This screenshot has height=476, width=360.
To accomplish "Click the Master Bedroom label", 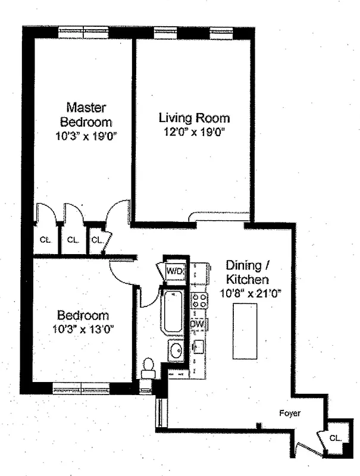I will (x=86, y=115).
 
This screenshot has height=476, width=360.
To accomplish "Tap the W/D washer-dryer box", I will (x=175, y=272).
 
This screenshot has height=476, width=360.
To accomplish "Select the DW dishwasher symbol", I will (x=198, y=324).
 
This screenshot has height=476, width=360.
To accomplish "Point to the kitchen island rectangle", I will (x=245, y=330).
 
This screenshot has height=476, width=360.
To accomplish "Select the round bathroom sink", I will (x=177, y=352).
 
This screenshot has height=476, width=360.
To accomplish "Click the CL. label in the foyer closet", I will (x=335, y=437).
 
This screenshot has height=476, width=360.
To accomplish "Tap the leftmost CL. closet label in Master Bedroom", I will (x=45, y=240).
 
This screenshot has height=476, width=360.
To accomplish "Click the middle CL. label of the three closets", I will (x=73, y=240).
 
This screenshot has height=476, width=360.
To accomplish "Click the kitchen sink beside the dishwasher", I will (x=199, y=346).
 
